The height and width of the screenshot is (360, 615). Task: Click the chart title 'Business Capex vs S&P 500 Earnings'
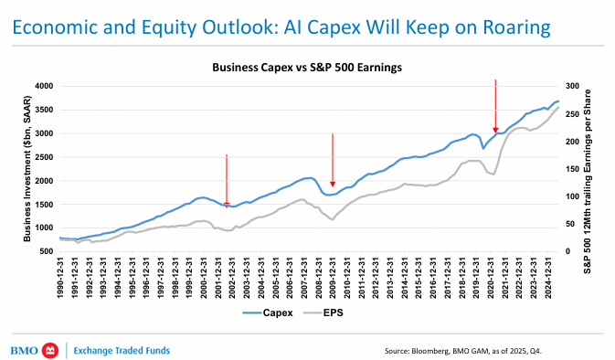307,68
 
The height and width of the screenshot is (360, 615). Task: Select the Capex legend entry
268,312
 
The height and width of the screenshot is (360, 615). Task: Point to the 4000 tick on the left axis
44,86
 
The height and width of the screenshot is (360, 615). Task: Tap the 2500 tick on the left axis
44,157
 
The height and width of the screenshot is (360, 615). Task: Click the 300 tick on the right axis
572,86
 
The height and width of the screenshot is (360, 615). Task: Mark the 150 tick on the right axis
572,169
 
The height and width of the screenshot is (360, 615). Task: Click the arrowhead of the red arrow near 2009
333,184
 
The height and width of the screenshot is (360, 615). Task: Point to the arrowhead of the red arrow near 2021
495,130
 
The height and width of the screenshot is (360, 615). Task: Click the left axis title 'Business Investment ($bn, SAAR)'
27,168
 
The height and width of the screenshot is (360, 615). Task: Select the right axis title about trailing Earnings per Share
588,181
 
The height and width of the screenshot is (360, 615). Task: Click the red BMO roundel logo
50,350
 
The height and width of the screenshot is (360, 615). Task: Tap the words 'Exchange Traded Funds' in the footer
122,350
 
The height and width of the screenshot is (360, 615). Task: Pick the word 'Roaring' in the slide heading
516,27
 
